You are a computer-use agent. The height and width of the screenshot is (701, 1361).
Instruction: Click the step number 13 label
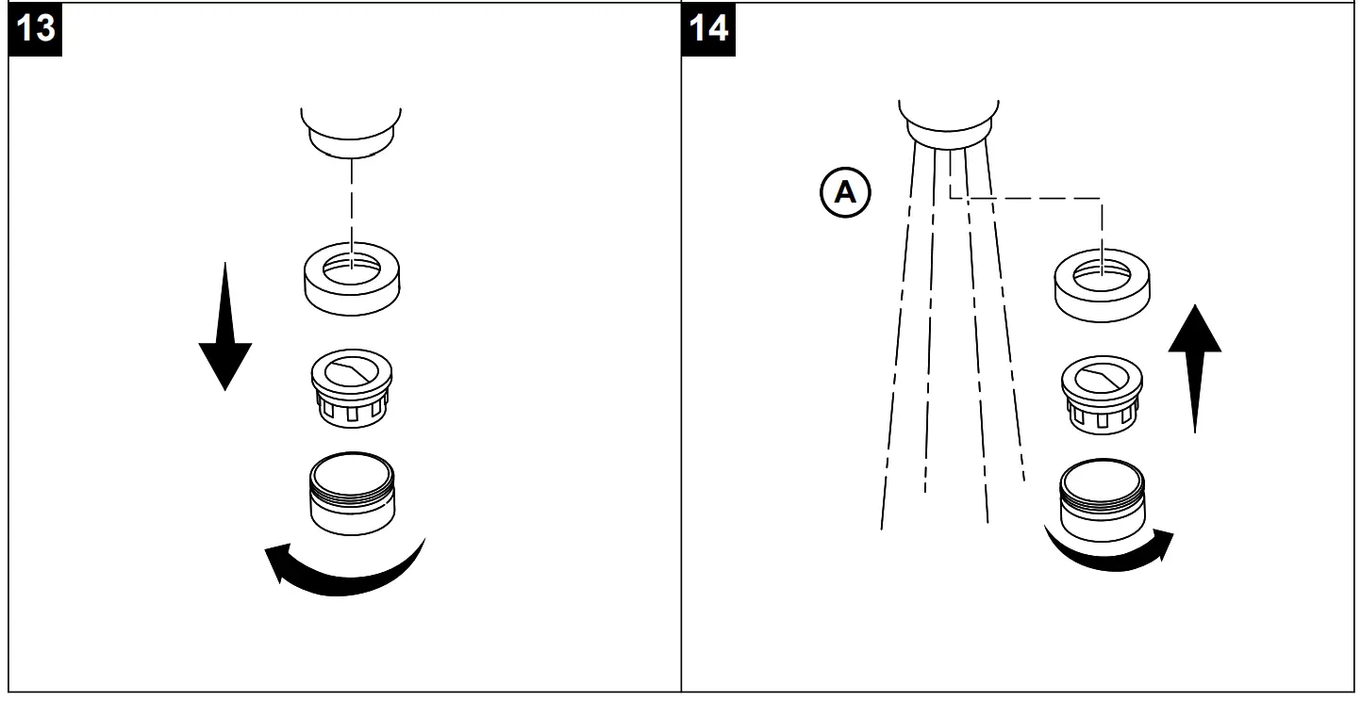coord(35,29)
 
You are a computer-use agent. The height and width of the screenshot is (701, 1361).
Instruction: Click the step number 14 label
coord(708,29)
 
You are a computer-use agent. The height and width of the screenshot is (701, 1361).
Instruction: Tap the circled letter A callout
coord(846,193)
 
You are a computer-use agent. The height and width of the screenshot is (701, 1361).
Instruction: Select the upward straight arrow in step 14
coord(1195,367)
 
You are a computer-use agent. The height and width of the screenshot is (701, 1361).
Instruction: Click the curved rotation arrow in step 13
coord(344,569)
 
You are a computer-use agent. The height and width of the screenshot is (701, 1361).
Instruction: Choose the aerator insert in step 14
coord(1103,394)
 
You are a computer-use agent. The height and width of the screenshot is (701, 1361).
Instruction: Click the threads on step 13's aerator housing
coord(351,486)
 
